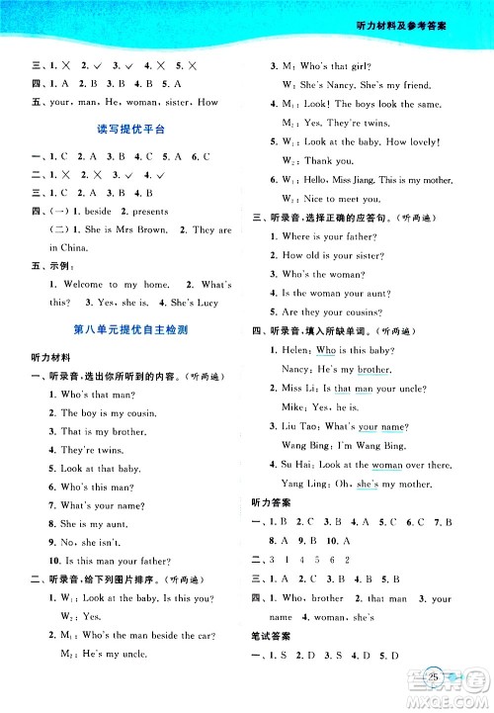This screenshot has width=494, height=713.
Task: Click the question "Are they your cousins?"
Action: tap(331, 312)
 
